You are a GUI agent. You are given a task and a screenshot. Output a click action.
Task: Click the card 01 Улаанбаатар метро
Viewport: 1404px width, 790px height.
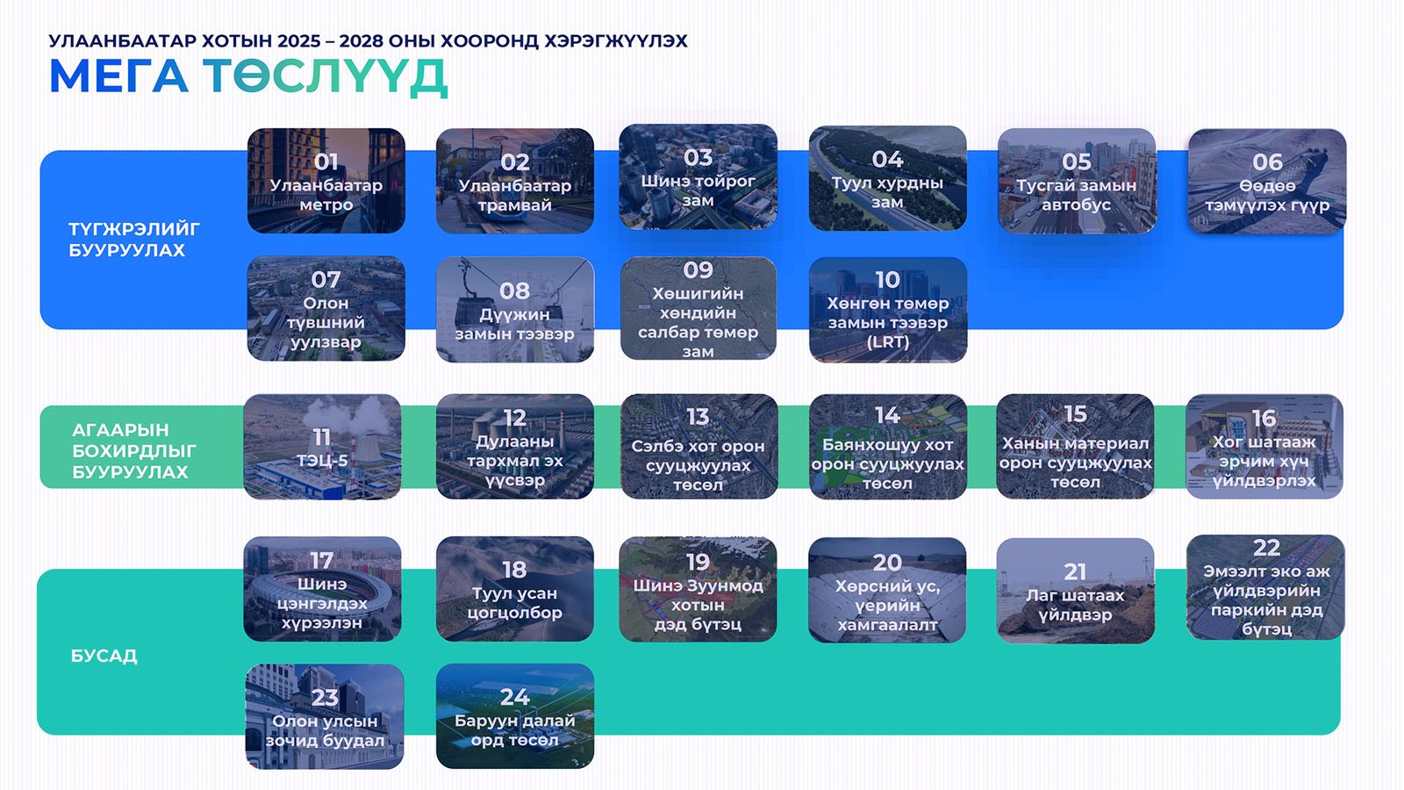326,181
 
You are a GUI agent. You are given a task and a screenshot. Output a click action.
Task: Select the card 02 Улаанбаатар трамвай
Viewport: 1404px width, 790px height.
514,181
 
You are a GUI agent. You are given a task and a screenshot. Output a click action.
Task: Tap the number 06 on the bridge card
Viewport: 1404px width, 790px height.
1267,162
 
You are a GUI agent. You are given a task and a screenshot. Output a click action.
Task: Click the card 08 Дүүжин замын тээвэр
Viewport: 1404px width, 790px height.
514,309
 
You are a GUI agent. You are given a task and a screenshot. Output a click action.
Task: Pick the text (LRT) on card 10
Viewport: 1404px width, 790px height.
887,342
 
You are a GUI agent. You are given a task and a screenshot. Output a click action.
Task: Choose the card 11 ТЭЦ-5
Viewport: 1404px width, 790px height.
322,447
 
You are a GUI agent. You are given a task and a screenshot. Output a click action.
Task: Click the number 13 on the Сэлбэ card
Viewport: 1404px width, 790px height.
698,417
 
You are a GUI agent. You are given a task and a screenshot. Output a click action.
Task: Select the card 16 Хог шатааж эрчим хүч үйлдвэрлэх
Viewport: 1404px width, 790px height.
1264,447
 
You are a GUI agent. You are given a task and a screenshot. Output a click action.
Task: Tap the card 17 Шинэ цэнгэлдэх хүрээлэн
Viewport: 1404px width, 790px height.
322,589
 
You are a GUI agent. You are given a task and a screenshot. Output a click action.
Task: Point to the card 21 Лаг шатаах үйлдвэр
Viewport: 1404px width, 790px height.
1076,591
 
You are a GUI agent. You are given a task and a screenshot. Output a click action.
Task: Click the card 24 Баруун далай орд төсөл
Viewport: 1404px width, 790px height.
514,716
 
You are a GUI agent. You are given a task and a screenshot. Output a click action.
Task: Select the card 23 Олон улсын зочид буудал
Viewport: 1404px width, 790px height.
325,716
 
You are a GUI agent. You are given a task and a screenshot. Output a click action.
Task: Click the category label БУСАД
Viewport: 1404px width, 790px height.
104,656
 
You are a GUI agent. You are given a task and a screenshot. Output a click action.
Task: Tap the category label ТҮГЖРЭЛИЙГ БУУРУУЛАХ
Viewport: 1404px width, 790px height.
133,240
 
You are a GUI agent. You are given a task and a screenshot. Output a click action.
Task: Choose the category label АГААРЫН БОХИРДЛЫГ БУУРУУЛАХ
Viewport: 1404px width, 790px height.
133,451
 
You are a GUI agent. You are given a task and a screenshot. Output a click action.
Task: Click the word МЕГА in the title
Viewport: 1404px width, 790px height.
119,76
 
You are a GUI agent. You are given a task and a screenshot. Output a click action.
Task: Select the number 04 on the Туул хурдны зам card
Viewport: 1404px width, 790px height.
887,160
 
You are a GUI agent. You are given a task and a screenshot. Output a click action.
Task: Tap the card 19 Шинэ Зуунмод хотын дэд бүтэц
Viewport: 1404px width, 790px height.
698,589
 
